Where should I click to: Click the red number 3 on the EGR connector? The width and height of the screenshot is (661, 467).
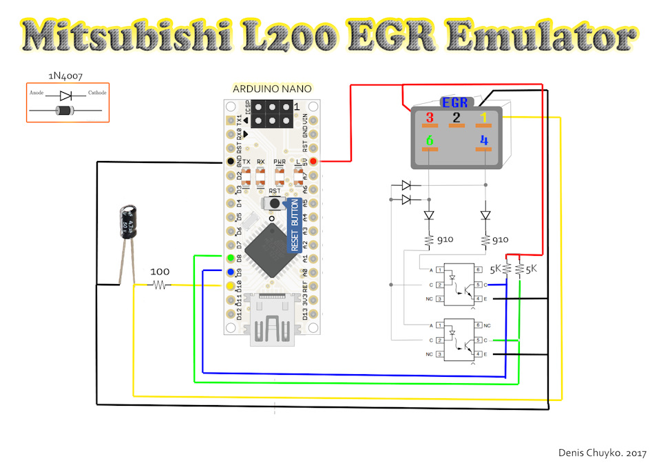click(x=430, y=117)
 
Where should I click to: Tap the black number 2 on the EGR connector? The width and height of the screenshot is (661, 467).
click(x=455, y=117)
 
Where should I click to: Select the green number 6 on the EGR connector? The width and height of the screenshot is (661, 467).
click(x=430, y=142)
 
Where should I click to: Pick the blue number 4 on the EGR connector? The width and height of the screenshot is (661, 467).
click(x=484, y=142)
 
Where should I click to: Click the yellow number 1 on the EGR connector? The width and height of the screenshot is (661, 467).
click(x=484, y=117)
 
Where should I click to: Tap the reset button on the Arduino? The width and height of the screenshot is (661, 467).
click(x=275, y=204)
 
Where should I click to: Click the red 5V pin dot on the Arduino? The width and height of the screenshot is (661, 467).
click(x=313, y=162)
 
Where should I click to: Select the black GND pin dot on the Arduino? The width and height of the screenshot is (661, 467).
click(x=229, y=162)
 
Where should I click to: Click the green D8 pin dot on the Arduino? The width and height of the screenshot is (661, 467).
click(x=229, y=257)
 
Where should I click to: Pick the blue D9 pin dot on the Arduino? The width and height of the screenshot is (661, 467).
click(x=229, y=271)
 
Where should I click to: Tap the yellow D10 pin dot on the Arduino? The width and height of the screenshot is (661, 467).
click(x=229, y=285)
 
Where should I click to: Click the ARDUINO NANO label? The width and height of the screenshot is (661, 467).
click(x=272, y=89)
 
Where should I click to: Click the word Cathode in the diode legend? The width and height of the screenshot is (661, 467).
click(x=97, y=93)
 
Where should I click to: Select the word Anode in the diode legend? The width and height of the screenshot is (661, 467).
click(x=36, y=93)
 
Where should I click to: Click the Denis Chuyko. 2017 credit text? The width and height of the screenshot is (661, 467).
click(x=603, y=453)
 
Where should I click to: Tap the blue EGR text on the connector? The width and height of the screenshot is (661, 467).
click(x=455, y=103)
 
